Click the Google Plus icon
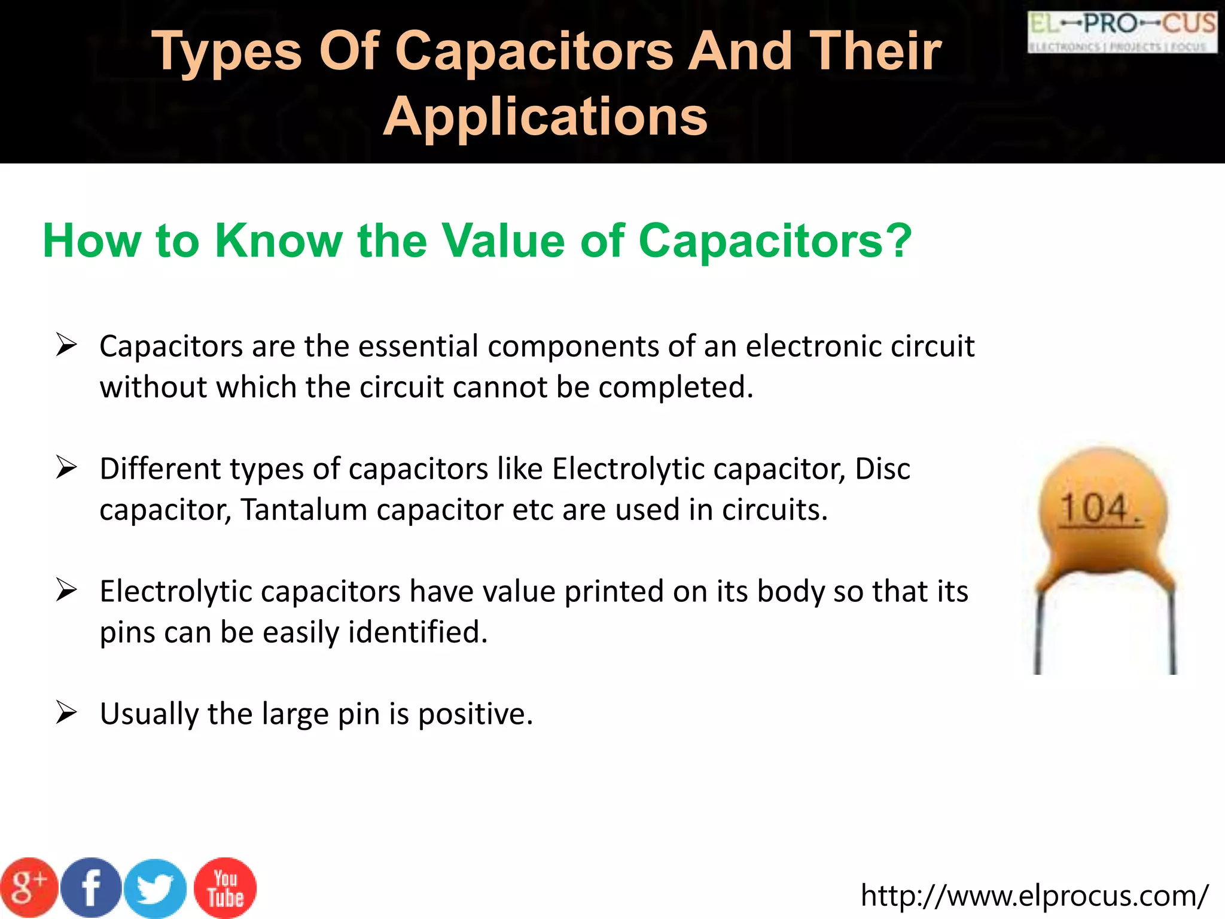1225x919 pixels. [29, 888]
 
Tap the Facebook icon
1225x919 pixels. [92, 888]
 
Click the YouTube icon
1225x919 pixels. [226, 888]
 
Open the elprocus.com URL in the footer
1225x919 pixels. [1034, 895]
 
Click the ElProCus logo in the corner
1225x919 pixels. [1122, 32]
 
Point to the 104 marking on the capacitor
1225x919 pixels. [1099, 509]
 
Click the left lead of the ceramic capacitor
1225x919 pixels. [1038, 634]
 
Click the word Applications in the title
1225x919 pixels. [545, 116]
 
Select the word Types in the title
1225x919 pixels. [227, 52]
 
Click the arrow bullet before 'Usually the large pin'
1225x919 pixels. [66, 713]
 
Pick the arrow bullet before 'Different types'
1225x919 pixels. [66, 467]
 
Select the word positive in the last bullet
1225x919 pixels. [475, 714]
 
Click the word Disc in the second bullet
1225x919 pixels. [882, 468]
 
